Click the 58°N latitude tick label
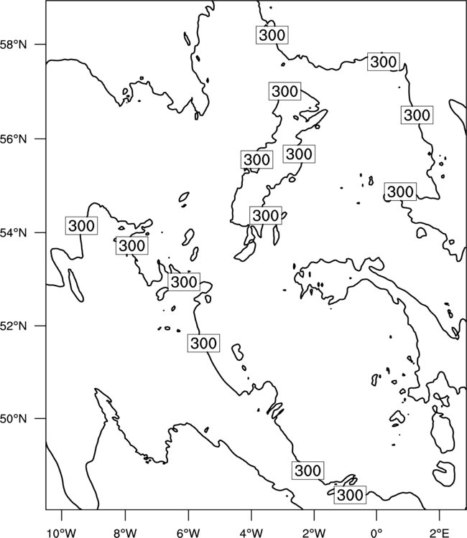pos(13,44)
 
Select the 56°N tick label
pos(13,139)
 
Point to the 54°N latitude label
pos(13,233)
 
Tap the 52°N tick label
pos(13,326)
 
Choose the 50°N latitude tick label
pos(13,419)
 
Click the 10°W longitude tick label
pos(62,533)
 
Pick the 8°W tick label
pos(125,533)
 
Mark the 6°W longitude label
pos(188,533)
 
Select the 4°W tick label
pos(251,533)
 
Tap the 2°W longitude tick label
pos(314,533)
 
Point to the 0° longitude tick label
pos(376,533)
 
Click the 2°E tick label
pos(440,533)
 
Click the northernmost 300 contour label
pos(272,34)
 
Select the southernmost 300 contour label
pos(350,495)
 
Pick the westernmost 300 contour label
pos(81,226)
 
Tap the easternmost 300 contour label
pos(417,115)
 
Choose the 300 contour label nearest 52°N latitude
pos(203,343)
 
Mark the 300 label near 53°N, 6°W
pos(184,282)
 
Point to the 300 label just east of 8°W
pos(131,245)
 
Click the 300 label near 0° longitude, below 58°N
pos(384,62)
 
